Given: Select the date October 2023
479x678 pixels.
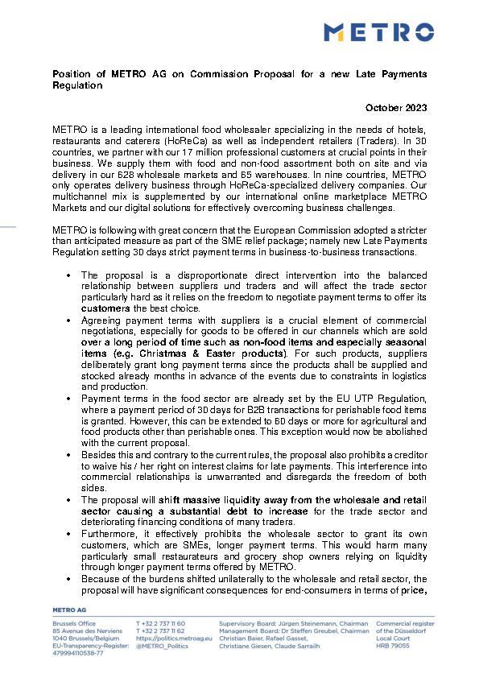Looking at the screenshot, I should [396, 108].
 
